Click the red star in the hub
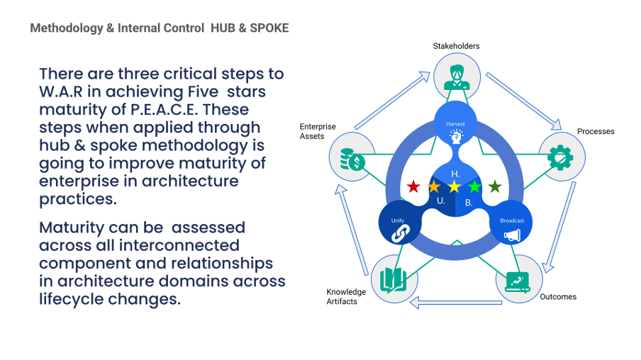(413, 187)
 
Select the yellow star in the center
(454, 187)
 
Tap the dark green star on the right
(495, 187)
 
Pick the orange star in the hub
(434, 187)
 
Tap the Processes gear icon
(562, 156)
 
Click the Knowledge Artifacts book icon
(392, 279)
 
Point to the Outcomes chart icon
(516, 282)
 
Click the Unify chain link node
(398, 226)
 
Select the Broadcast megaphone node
(511, 226)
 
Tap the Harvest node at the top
(455, 128)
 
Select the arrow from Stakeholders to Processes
(521, 99)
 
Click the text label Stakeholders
(456, 46)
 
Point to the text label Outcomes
(558, 297)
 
